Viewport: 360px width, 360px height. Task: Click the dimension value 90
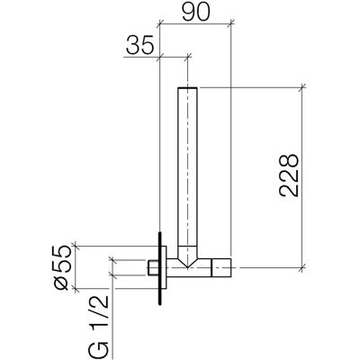pyautogui.click(x=196, y=12)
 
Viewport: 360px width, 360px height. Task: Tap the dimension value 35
pyautogui.click(x=139, y=45)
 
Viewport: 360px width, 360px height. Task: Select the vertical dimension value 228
pyautogui.click(x=289, y=175)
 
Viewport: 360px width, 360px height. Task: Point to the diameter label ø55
pyautogui.click(x=63, y=267)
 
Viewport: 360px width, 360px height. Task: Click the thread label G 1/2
pyautogui.click(x=98, y=325)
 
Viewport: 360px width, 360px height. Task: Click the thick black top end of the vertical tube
pyautogui.click(x=187, y=88)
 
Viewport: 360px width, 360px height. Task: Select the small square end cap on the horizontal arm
pyautogui.click(x=221, y=267)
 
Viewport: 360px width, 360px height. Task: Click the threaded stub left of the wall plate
pyautogui.click(x=153, y=267)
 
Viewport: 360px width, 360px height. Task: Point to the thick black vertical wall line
pyautogui.click(x=160, y=268)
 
